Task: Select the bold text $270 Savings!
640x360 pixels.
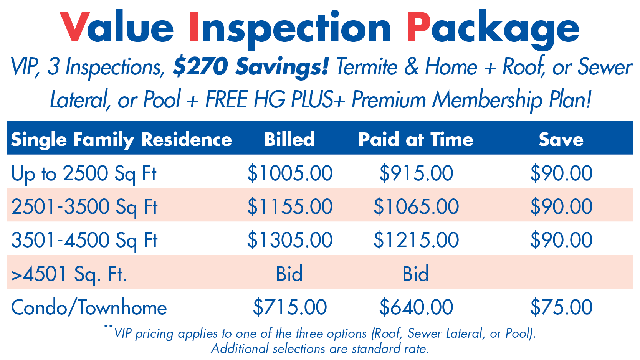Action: (x=250, y=67)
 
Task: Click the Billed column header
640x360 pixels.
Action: (x=289, y=139)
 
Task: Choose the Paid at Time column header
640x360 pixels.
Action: (x=416, y=139)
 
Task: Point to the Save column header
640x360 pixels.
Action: (x=561, y=139)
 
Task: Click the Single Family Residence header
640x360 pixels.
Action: (x=121, y=139)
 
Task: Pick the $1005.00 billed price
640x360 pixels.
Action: (x=290, y=173)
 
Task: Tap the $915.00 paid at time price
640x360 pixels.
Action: (x=416, y=173)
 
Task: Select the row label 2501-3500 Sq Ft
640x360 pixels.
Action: (x=84, y=207)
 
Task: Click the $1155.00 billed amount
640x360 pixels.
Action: (x=290, y=206)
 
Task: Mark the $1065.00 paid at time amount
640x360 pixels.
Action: (x=416, y=206)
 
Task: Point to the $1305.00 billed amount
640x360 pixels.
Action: (x=290, y=240)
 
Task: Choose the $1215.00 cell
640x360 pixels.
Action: (x=416, y=240)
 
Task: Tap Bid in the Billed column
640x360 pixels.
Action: (x=289, y=274)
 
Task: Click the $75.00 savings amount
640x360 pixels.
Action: (x=561, y=307)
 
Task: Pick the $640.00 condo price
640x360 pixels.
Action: (x=416, y=307)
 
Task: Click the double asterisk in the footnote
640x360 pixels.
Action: (x=108, y=327)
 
